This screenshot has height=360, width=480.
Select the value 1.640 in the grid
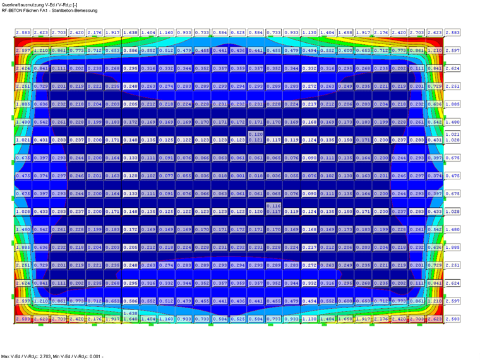coord(130,320)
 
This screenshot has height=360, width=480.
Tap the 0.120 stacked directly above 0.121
coord(255,134)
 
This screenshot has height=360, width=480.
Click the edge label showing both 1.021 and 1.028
coord(452,137)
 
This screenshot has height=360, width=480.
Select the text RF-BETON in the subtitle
coord(13,10)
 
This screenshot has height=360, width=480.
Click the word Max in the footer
coord(5,356)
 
